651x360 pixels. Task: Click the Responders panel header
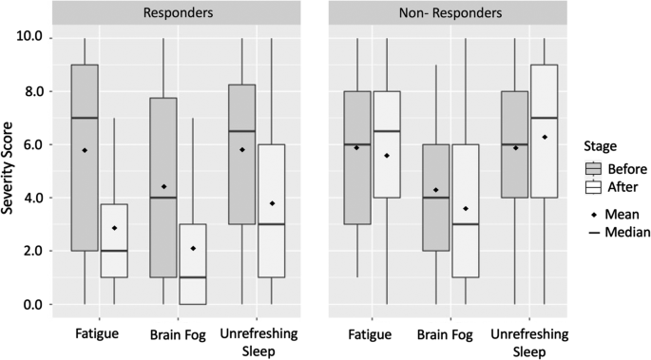click(x=177, y=12)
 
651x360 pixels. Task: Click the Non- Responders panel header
click(x=449, y=12)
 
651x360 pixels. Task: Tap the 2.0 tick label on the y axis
click(x=29, y=251)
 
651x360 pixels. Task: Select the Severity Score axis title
click(x=7, y=168)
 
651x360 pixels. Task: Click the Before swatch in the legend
click(x=594, y=169)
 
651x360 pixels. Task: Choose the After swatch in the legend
click(x=594, y=187)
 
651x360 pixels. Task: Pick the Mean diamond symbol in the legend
click(x=594, y=215)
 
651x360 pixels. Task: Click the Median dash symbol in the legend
click(x=594, y=233)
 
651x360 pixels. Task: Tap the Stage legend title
click(x=600, y=146)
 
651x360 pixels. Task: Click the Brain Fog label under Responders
click(x=178, y=334)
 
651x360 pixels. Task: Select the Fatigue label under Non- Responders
click(x=370, y=334)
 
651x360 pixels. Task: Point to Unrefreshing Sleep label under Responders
click(x=258, y=343)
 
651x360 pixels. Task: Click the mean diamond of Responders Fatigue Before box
click(x=85, y=150)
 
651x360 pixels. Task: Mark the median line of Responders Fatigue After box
click(x=114, y=251)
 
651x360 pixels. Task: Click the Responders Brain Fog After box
click(x=193, y=264)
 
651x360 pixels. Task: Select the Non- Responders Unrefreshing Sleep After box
click(x=544, y=131)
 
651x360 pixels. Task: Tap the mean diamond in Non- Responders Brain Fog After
click(x=466, y=209)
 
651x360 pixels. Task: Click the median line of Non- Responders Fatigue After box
click(x=387, y=131)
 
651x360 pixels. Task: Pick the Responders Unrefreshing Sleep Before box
click(x=242, y=154)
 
